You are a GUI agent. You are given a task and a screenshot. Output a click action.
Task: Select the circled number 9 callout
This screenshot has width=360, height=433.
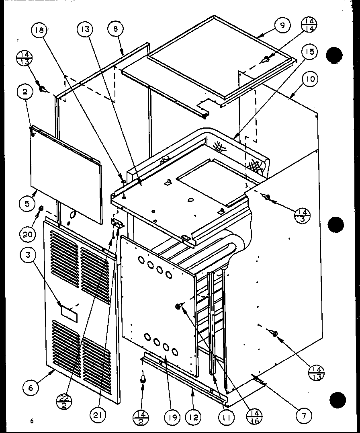(x=282, y=25)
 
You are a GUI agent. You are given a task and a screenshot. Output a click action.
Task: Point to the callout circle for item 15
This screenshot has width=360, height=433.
(x=311, y=52)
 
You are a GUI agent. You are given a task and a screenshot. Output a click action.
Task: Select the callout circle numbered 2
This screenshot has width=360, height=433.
(x=25, y=92)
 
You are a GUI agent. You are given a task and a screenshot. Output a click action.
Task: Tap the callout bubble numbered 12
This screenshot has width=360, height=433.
(x=194, y=417)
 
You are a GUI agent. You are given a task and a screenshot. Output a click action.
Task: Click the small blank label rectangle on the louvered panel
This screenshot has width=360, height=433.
(x=68, y=312)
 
